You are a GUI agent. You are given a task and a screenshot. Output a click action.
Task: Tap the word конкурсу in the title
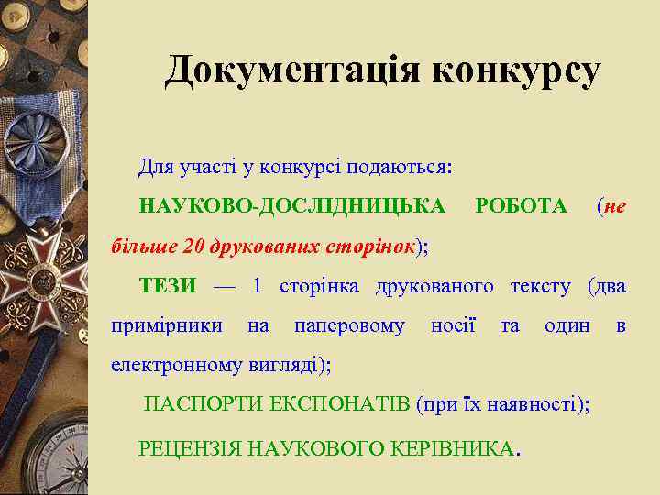[x=514, y=71]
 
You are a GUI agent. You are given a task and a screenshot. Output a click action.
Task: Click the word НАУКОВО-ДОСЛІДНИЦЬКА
[x=292, y=205]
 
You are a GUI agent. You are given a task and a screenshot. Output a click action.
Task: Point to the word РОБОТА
[x=522, y=205]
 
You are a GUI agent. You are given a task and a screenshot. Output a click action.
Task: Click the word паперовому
[x=349, y=324]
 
